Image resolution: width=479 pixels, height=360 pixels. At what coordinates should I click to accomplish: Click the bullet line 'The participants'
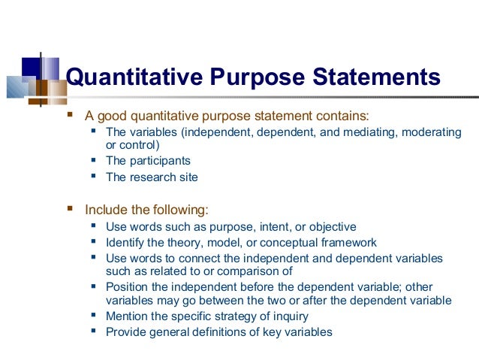tap(148, 161)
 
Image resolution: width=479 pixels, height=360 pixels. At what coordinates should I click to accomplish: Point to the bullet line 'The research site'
tap(152, 177)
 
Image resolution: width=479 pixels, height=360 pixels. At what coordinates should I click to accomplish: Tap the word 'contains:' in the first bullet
tap(344, 116)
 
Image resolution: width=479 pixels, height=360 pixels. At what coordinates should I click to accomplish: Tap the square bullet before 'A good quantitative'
tap(71, 116)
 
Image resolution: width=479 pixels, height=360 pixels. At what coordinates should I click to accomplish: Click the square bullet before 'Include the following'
tap(71, 209)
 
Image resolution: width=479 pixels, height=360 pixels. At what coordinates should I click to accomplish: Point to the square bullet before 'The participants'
tap(93, 160)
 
